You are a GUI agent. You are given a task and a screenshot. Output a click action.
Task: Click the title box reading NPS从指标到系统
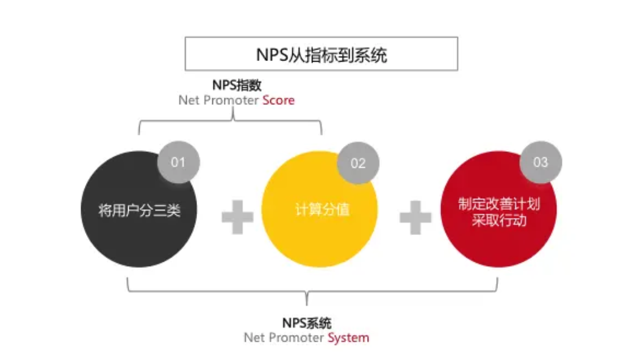pyautogui.click(x=321, y=54)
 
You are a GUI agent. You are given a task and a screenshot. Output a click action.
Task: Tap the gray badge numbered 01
pyautogui.click(x=178, y=162)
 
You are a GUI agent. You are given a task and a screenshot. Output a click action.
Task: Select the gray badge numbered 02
pyautogui.click(x=358, y=163)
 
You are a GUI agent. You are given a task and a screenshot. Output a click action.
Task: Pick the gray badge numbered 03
pyautogui.click(x=541, y=162)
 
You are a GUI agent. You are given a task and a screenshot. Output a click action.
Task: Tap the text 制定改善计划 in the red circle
pyautogui.click(x=498, y=204)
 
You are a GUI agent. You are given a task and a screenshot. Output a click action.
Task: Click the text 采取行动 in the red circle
pyautogui.click(x=498, y=220)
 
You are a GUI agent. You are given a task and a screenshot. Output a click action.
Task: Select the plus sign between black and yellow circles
pyautogui.click(x=237, y=217)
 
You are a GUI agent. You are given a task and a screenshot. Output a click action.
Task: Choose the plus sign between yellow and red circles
pyautogui.click(x=415, y=217)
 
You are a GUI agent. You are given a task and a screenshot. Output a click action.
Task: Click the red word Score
pyautogui.click(x=278, y=101)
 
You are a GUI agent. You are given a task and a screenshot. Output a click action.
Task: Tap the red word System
pyautogui.click(x=348, y=337)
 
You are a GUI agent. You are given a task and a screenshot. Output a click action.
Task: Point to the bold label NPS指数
pyautogui.click(x=237, y=85)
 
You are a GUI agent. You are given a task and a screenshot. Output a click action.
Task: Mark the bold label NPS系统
pyautogui.click(x=306, y=323)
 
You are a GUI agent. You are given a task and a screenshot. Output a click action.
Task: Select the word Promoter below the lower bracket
pyautogui.click(x=295, y=337)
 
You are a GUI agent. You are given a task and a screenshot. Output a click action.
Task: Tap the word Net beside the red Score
pyautogui.click(x=189, y=101)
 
